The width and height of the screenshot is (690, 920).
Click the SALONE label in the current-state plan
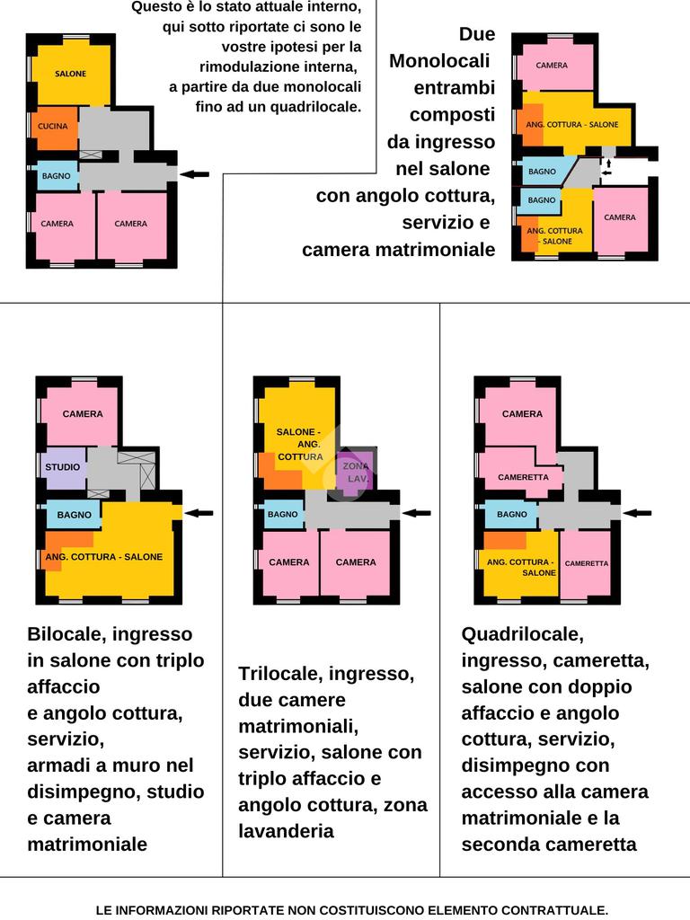coord(70,74)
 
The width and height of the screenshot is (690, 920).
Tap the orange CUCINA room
coord(55,128)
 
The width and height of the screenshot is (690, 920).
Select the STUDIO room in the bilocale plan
coord(64,468)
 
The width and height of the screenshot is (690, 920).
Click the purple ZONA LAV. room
coord(354,471)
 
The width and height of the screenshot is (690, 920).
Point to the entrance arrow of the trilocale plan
coord(417,513)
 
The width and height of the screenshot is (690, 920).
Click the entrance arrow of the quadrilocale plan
coord(637,513)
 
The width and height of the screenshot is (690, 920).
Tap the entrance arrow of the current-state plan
coord(194,174)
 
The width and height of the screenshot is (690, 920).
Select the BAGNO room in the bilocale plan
coord(74,515)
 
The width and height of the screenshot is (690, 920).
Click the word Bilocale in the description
coord(66,634)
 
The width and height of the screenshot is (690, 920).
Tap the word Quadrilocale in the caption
coord(522,634)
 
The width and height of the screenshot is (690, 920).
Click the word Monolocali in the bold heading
coord(439,61)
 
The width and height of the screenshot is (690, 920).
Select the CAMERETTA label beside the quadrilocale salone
coord(587,563)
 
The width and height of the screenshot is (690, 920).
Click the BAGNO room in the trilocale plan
coord(283,515)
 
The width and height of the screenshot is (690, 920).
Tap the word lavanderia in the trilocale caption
coord(287,831)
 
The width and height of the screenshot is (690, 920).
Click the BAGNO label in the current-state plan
coord(57,176)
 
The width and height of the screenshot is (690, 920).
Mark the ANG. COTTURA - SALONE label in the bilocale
coord(104,557)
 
